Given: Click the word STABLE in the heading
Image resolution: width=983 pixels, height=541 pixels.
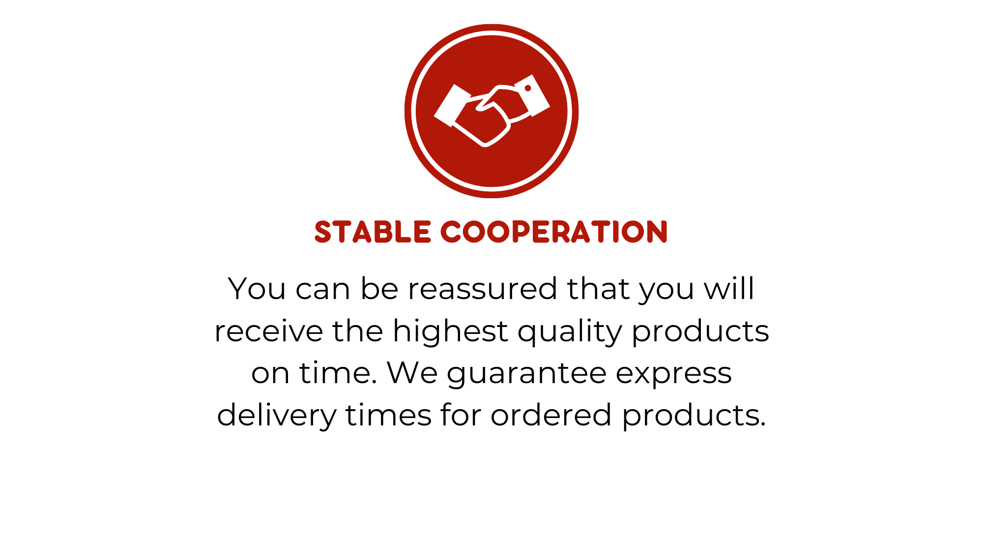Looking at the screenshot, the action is click(373, 232).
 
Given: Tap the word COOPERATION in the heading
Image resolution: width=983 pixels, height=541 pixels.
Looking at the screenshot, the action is click(554, 232).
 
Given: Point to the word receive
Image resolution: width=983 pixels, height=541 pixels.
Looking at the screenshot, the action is click(268, 331).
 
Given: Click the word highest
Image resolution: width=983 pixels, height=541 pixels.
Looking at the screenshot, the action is click(450, 331).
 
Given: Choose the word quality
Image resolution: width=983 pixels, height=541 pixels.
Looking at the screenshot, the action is click(570, 331).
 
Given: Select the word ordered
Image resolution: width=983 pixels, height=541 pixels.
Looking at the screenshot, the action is click(551, 415).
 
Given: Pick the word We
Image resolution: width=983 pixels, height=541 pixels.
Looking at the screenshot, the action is click(412, 373).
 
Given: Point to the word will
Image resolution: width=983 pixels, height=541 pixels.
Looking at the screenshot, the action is click(729, 288).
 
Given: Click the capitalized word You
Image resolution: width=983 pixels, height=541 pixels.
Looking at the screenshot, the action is click(257, 288).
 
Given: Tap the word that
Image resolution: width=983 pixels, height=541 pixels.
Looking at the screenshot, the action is click(598, 288).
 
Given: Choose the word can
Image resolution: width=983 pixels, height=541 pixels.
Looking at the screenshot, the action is click(323, 289).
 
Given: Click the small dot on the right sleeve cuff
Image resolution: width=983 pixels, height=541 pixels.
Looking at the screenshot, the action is click(528, 88).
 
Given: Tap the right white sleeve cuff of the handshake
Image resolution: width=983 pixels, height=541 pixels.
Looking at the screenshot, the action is click(532, 95).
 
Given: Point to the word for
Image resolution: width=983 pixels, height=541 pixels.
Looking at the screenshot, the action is click(461, 415).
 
